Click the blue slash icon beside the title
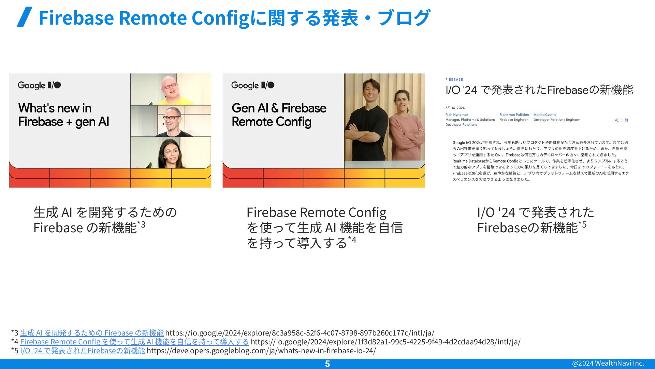pos(25,17)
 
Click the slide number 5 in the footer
pos(327,364)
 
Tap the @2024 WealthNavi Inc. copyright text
pos(608,363)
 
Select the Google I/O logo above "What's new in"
pos(39,85)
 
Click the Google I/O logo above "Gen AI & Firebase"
pos(253,85)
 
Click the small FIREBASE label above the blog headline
pos(454,80)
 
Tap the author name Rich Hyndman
pos(457,115)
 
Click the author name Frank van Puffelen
pos(514,115)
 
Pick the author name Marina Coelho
pos(545,115)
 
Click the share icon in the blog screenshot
pos(617,120)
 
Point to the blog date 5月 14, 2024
pos(455,108)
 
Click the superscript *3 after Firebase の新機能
pos(141,224)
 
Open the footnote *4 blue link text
pos(134,342)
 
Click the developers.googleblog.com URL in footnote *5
pos(261,351)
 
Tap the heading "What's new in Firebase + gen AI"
pos(64,115)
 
